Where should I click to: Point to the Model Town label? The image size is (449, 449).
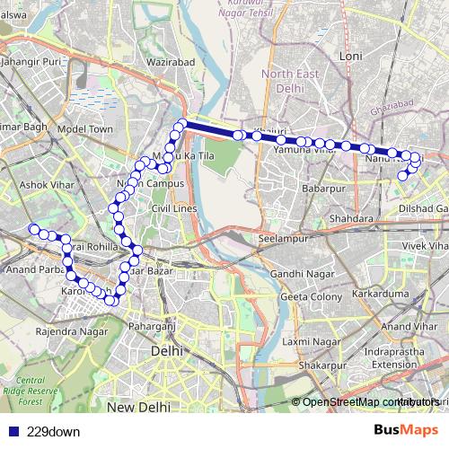pyautogui.click(x=84, y=129)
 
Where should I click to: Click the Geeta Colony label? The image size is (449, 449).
pyautogui.click(x=312, y=297)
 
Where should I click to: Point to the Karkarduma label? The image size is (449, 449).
pyautogui.click(x=380, y=293)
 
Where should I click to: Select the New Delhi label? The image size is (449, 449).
pyautogui.click(x=138, y=407)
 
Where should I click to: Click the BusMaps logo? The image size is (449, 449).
pyautogui.click(x=406, y=431)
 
